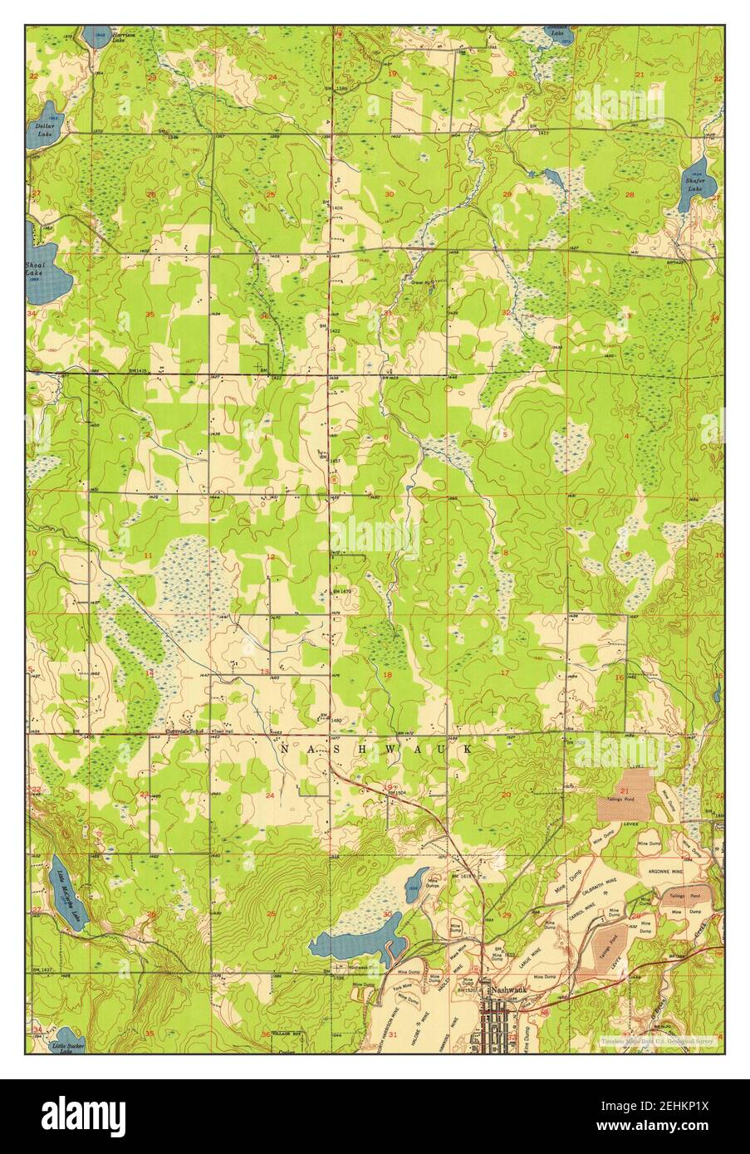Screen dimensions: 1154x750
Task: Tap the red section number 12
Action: coord(270,557)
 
